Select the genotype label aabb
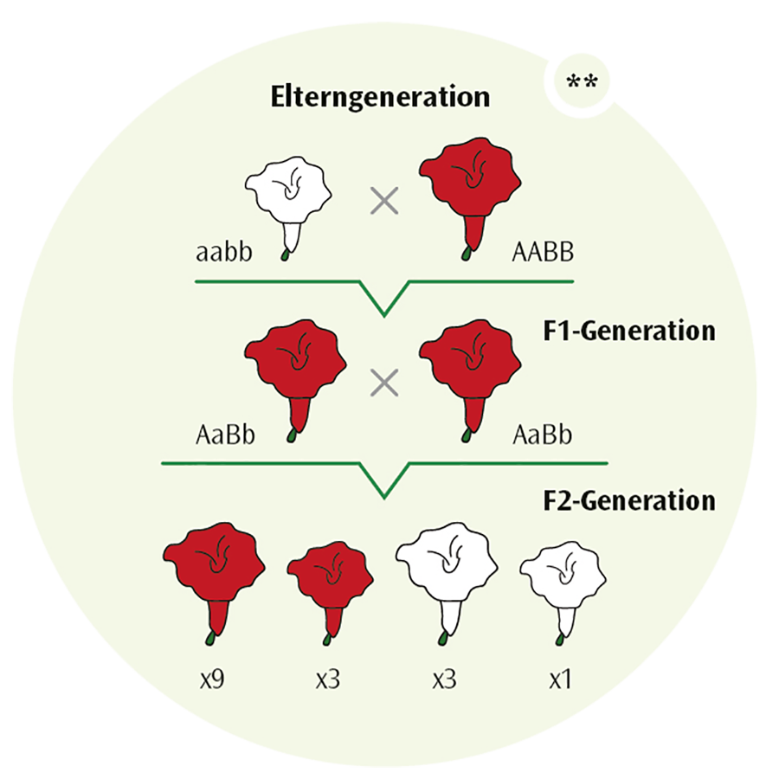click(x=220, y=254)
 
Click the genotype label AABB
click(x=544, y=254)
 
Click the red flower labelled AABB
click(x=469, y=186)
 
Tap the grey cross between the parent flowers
click(x=383, y=202)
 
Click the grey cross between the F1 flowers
click(x=383, y=381)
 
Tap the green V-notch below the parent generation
click(x=383, y=299)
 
